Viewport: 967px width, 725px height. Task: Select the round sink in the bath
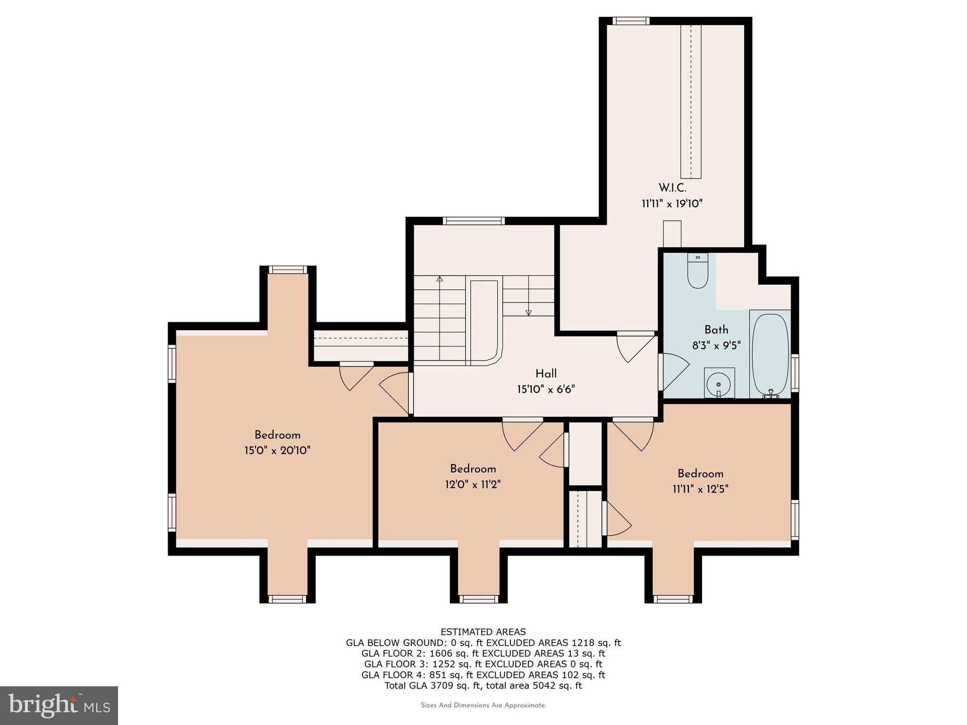coord(719,384)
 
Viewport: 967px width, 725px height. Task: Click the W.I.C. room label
coord(672,188)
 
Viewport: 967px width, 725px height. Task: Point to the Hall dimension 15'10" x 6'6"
coord(546,389)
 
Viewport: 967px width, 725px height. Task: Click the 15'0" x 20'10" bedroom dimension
coord(277,450)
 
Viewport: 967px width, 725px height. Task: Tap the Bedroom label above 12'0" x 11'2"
coord(473,469)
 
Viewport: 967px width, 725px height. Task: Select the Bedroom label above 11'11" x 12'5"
coord(700,473)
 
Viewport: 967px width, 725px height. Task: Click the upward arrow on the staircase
coord(440,279)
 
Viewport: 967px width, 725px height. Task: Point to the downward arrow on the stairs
coord(528,312)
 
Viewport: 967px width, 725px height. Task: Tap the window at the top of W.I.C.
coord(631,21)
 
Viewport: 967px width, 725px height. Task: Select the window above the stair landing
coord(474,221)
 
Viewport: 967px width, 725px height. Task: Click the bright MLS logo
coord(59,705)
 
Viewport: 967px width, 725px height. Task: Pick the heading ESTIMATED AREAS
coord(483,632)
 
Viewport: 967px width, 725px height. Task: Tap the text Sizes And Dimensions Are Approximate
coord(483,705)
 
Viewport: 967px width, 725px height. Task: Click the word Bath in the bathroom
coord(716,330)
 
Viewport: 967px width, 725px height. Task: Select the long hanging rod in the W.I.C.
coord(691,101)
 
